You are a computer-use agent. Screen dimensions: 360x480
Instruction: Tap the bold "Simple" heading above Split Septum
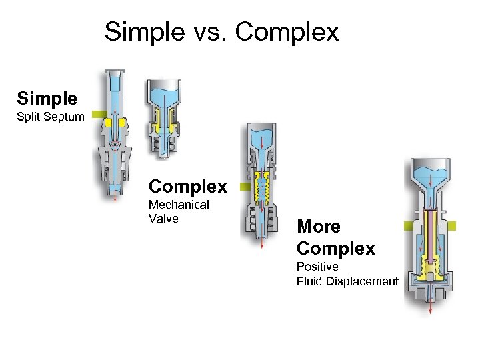tap(47, 99)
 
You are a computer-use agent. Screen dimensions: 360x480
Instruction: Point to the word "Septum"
tap(66, 117)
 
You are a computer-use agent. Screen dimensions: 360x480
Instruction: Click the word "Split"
tap(30, 117)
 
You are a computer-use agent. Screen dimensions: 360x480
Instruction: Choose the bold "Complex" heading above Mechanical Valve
tap(188, 185)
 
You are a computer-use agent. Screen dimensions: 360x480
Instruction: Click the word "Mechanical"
tap(179, 205)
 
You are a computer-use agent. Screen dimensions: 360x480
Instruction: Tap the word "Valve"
tap(164, 218)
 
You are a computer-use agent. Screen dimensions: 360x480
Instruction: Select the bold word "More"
tap(319, 227)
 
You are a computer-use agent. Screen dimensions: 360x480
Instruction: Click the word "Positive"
tap(317, 267)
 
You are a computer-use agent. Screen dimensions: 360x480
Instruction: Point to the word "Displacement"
tap(363, 281)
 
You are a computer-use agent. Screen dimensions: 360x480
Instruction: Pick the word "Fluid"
tap(310, 281)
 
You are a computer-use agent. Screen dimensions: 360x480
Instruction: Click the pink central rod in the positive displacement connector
tap(431, 233)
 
